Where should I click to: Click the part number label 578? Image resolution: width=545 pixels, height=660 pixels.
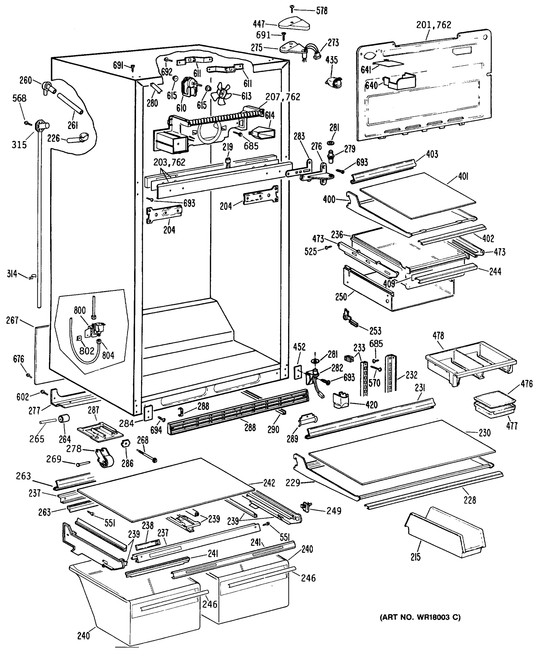tap(322, 11)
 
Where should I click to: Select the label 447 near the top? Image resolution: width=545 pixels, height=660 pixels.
tap(259, 24)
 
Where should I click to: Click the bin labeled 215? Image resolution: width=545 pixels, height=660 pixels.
tap(445, 532)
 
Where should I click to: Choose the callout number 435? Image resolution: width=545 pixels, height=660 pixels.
tap(332, 60)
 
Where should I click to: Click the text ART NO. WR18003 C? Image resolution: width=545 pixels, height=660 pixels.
tap(420, 618)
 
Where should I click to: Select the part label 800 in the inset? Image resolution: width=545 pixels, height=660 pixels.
tap(80, 310)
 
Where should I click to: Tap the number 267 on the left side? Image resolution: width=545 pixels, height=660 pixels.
tap(13, 320)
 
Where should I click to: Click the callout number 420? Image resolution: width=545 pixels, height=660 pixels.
tap(371, 405)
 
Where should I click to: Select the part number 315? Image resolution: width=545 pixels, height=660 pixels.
tap(19, 145)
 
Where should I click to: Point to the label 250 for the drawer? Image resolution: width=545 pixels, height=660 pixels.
tap(341, 296)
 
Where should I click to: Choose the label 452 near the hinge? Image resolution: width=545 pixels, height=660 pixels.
tap(299, 347)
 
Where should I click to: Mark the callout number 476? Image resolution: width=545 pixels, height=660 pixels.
tap(527, 384)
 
